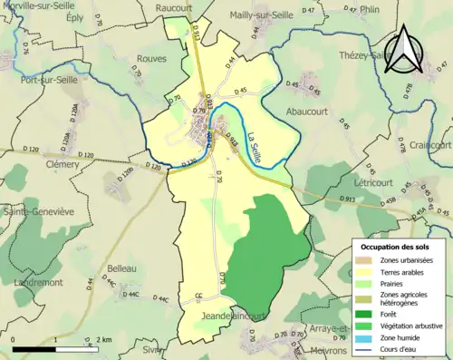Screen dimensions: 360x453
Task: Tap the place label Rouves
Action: click(150, 58)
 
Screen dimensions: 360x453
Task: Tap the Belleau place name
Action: click(120, 268)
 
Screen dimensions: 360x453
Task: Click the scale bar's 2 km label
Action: click(104, 339)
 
